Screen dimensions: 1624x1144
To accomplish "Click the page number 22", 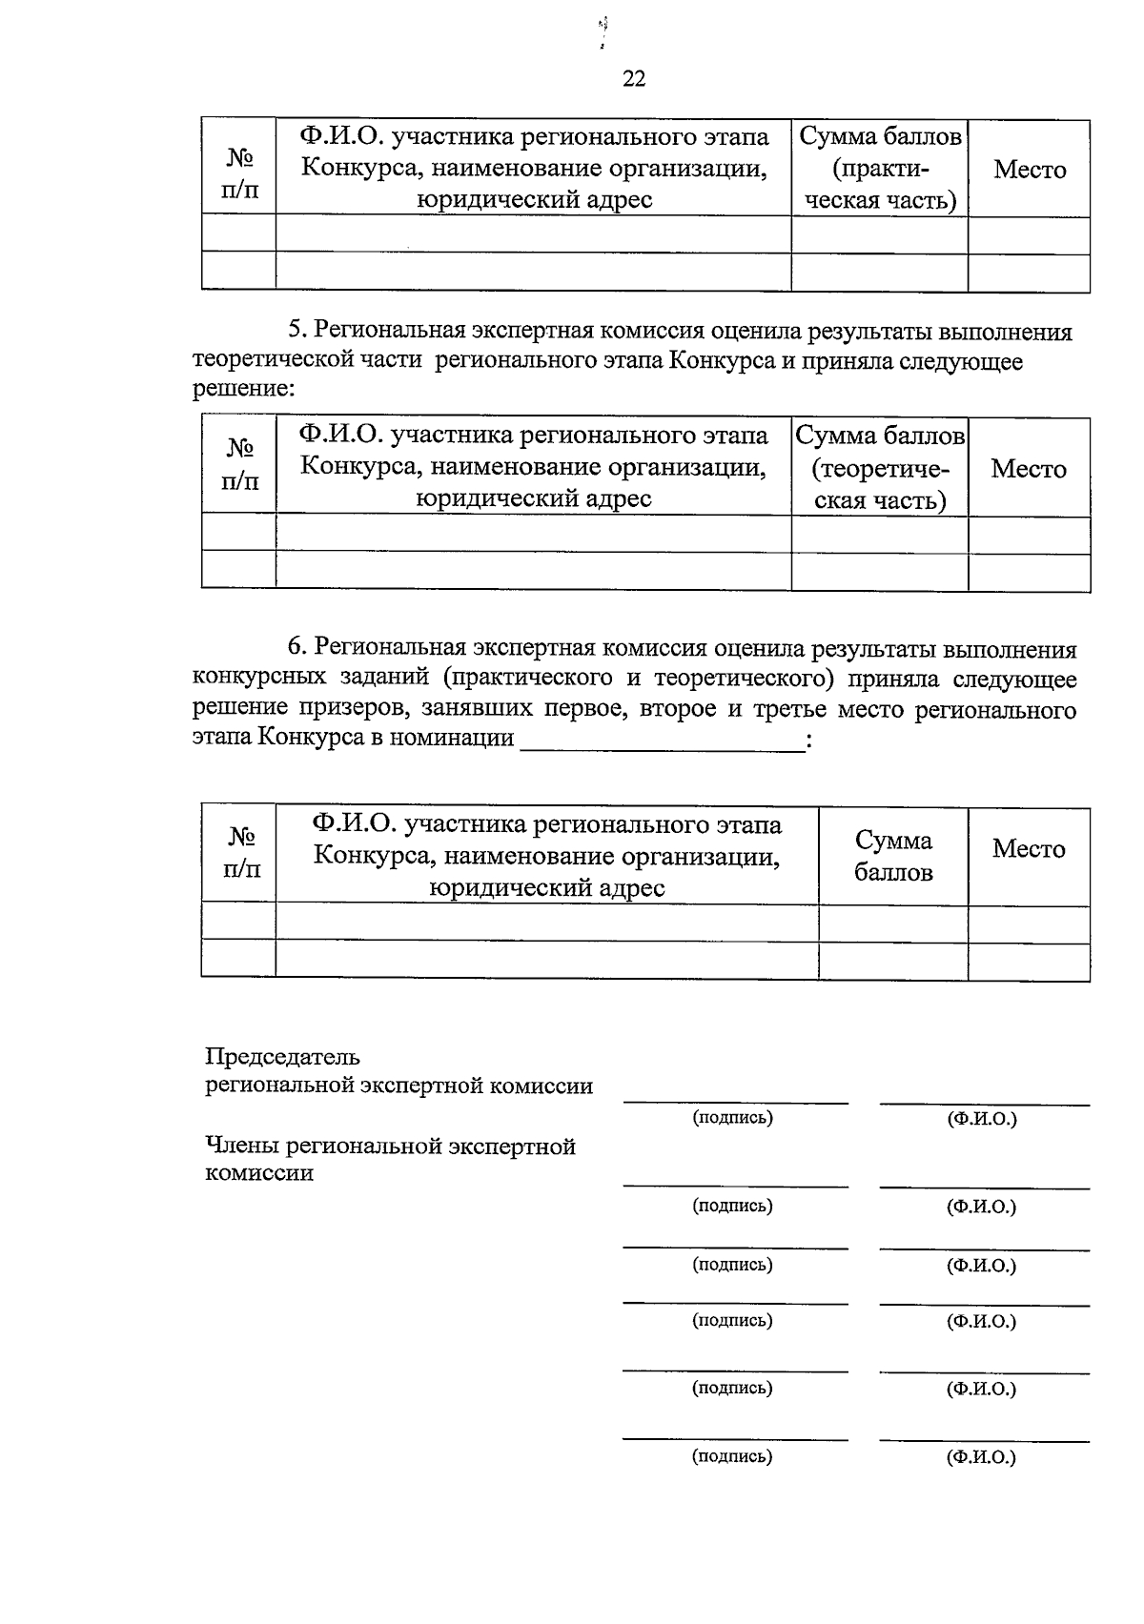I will point(634,79).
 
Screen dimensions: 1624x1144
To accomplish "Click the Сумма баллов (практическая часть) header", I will point(879,169).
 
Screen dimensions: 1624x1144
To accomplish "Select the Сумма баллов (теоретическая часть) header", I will point(880,467).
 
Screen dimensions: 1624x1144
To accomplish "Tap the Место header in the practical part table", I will point(1030,170).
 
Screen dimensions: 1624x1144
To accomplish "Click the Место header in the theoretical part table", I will point(1029,468).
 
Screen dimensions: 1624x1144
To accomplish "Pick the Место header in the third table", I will point(1029,848).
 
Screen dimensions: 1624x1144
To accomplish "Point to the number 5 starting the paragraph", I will point(295,331).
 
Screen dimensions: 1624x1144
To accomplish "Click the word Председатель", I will point(283,1056).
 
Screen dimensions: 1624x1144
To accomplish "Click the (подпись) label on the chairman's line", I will point(732,1116).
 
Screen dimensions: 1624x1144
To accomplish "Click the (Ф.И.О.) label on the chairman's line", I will point(982,1118).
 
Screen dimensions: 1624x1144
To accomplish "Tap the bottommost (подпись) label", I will point(732,1455).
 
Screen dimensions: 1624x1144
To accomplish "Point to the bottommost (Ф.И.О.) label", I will point(982,1456).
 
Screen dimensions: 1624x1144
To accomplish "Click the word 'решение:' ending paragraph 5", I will point(244,389).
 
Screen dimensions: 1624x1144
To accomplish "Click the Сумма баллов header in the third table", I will point(893,855).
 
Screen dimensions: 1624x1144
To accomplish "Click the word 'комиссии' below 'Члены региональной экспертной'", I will point(259,1173).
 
